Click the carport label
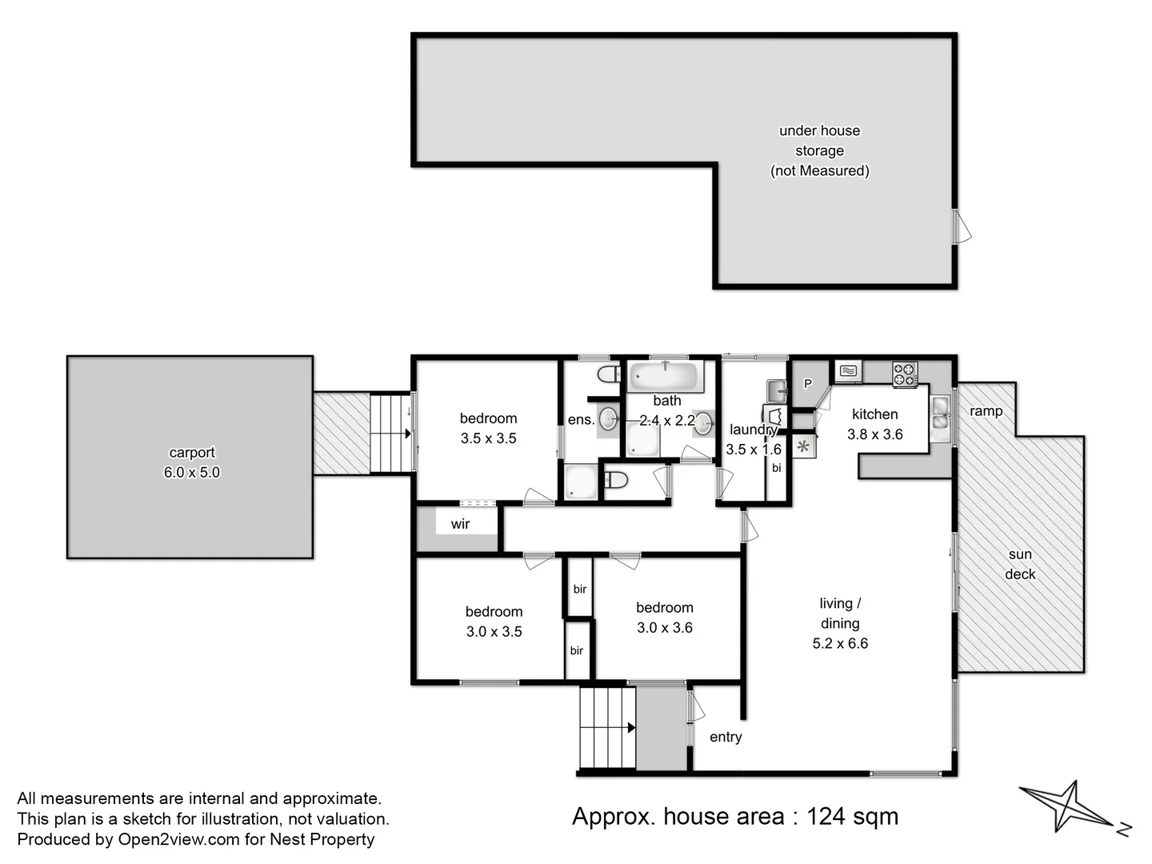[191, 452]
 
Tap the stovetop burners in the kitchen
[905, 374]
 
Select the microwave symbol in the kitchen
[848, 371]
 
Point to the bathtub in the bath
[666, 376]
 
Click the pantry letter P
[808, 383]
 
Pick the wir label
[460, 523]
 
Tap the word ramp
[986, 411]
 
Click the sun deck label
[1020, 564]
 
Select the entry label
[726, 737]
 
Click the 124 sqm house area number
[852, 816]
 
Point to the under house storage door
[962, 226]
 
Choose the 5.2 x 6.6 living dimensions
[840, 643]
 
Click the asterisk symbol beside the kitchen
[803, 447]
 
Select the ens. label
[581, 420]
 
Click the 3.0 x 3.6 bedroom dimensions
[665, 627]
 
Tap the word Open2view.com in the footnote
[178, 839]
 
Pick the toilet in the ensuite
[610, 374]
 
